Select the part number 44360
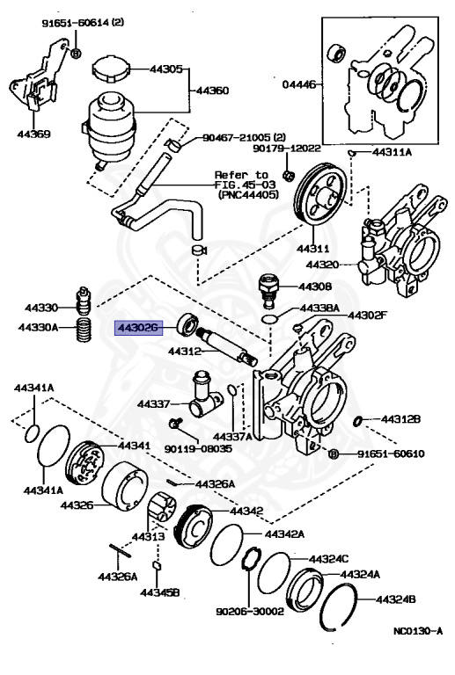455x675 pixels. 211,91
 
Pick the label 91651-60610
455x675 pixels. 392,454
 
